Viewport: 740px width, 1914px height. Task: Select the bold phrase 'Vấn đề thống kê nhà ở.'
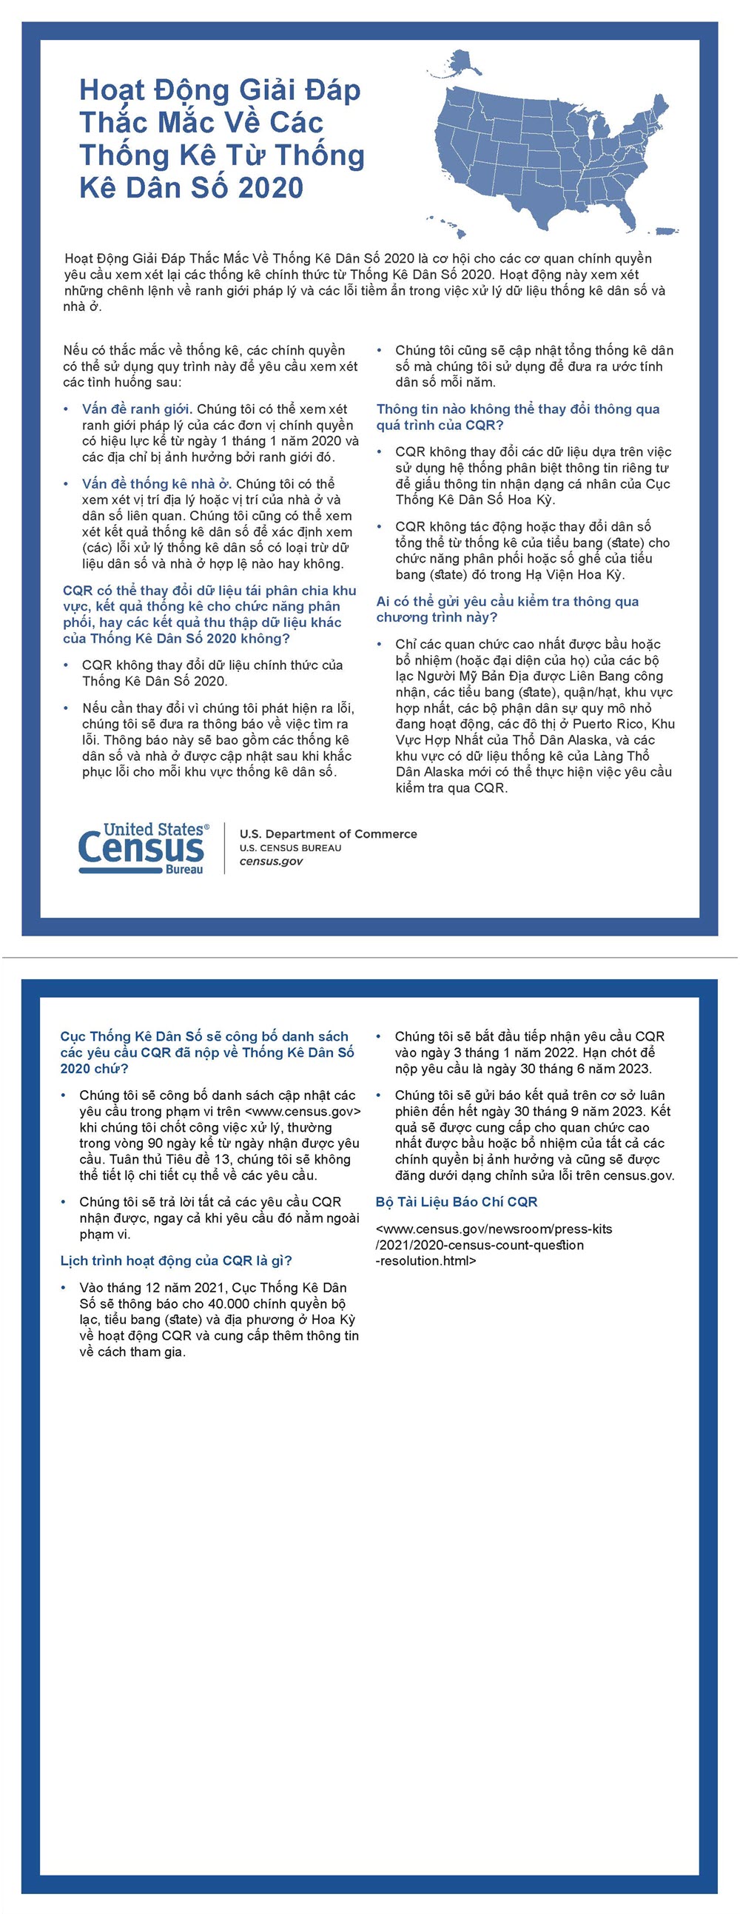157,485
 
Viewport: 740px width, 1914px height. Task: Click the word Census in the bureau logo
141,847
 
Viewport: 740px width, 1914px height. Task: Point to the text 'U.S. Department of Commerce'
328,833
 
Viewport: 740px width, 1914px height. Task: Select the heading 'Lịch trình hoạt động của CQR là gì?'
176,1261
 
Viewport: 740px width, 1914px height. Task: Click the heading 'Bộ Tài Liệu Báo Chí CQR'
456,1202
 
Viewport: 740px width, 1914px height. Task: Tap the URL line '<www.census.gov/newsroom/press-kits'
494,1229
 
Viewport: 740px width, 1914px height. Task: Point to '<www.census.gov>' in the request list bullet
303,1112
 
